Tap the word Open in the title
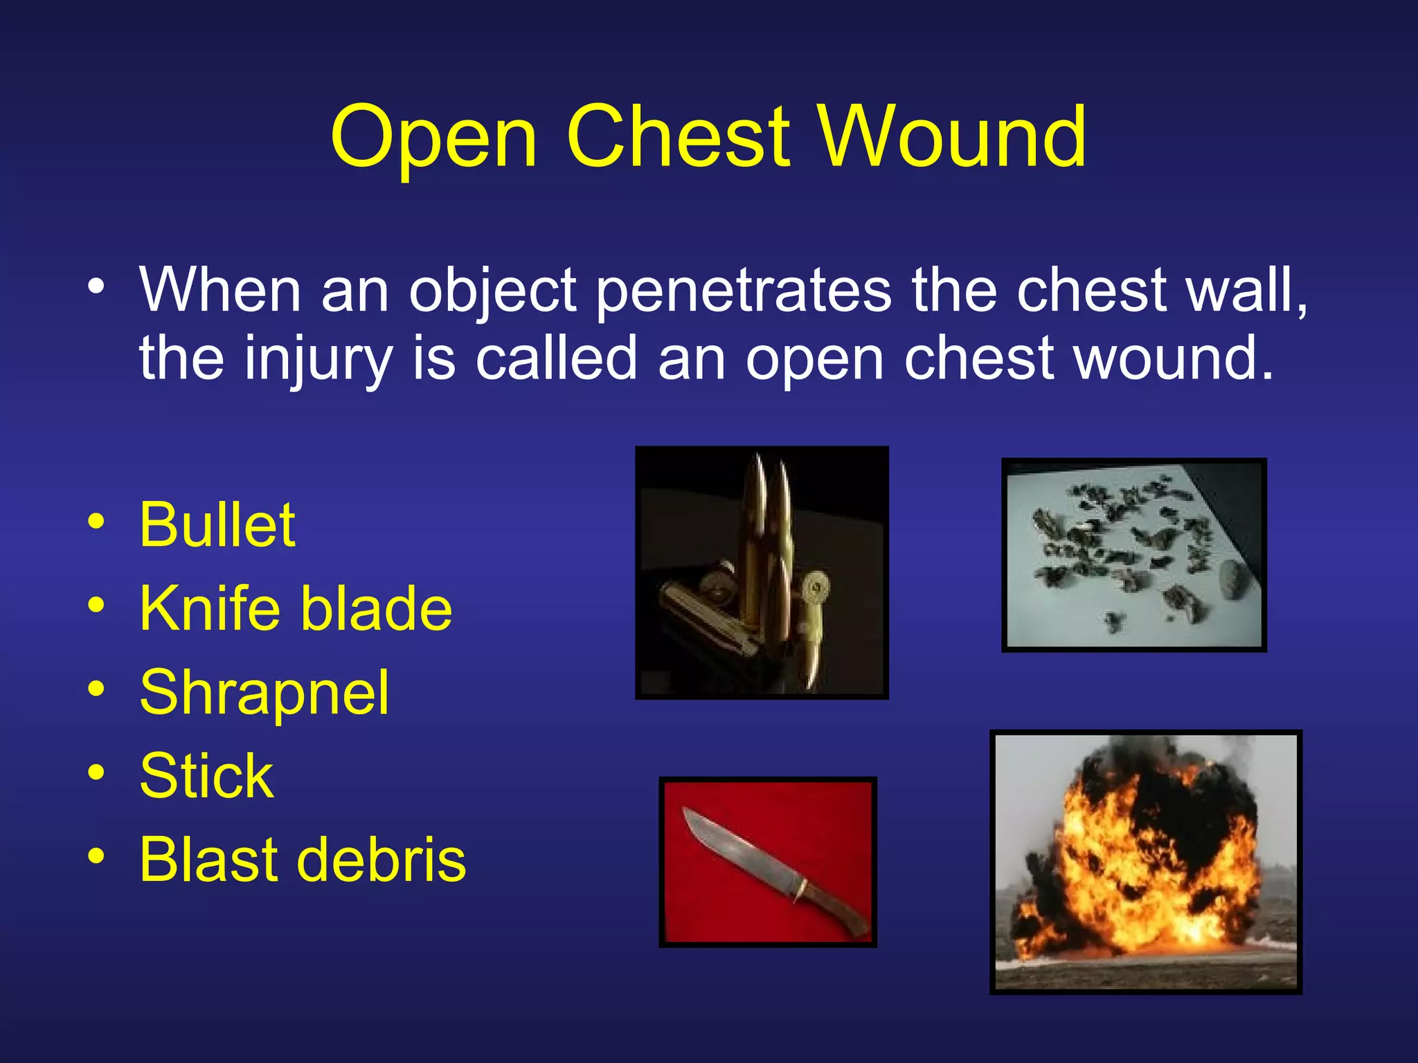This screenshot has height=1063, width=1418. pos(433,138)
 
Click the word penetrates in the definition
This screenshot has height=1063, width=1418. pos(744,291)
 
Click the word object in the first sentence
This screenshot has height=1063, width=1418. pos(492,291)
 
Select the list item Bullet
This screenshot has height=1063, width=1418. pos(217,525)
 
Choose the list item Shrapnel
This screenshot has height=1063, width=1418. pos(264,693)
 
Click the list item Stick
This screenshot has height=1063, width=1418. pos(206,776)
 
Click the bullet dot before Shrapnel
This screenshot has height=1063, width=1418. pos(96,689)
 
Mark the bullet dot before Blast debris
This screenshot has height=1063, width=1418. pos(96,857)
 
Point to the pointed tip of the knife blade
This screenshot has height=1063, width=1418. pos(686,810)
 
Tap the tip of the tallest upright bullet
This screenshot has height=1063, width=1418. pos(759,460)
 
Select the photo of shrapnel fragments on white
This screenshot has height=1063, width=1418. pos(1133,555)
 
